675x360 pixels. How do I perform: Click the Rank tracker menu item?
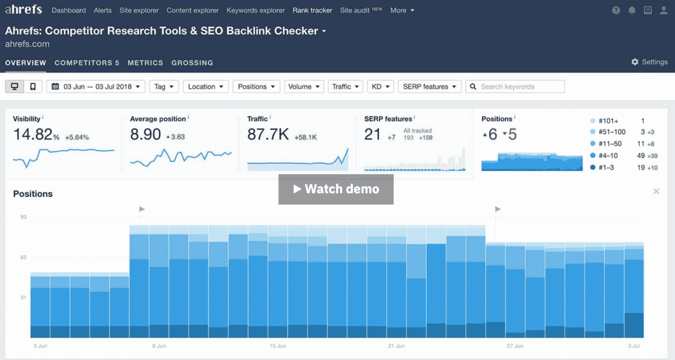312,10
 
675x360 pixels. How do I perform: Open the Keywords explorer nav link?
255,10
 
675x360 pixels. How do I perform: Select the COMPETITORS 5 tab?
87,63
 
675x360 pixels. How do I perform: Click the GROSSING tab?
192,63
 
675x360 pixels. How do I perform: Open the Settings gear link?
649,62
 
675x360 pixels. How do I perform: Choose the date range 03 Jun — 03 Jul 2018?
96,87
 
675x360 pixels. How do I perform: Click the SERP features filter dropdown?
429,87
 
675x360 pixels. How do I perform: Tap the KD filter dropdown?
380,87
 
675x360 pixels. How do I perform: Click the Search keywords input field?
519,87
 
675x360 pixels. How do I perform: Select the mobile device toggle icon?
33,87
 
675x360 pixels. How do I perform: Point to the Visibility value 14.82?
33,135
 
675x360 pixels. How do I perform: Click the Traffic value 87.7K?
268,135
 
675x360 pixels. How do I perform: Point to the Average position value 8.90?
145,135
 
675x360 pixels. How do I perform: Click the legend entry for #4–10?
608,156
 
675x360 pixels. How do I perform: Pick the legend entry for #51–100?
611,132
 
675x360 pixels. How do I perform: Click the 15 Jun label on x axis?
278,346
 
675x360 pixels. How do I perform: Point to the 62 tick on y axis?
23,257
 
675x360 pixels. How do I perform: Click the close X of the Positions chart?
656,191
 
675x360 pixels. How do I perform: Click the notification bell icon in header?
631,10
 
